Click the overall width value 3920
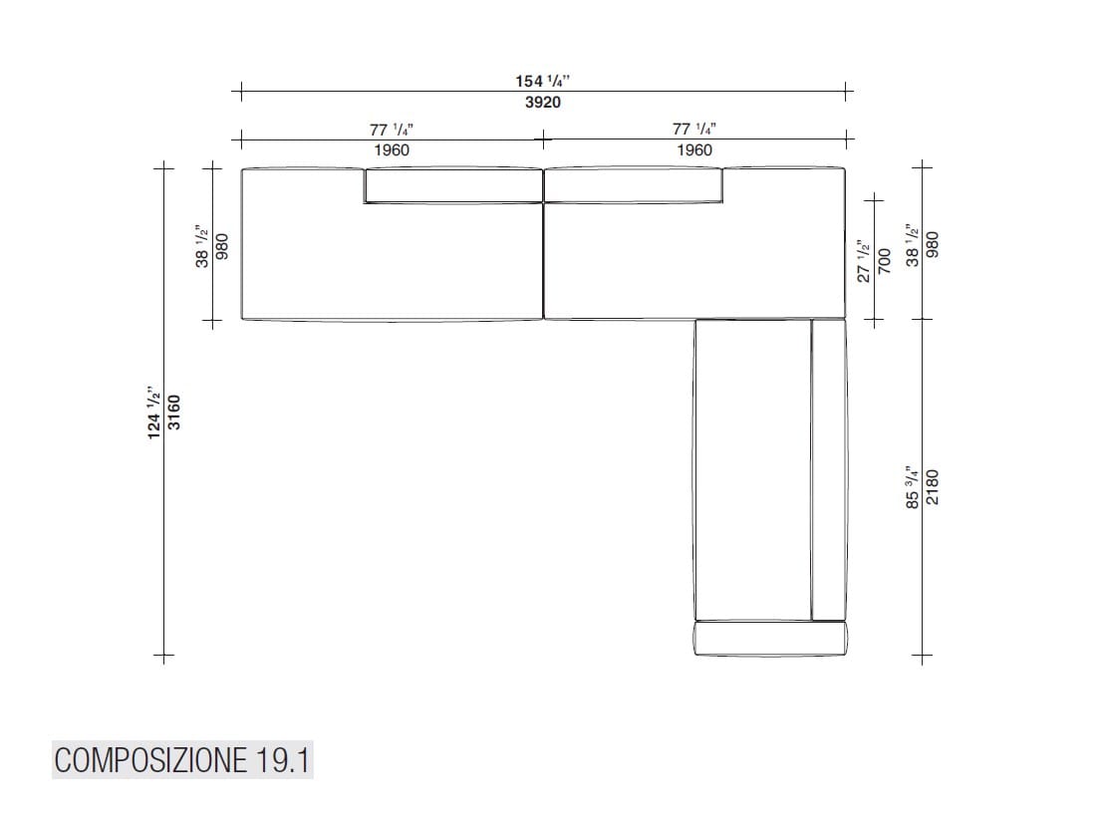click(542, 102)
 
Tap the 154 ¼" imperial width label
click(542, 82)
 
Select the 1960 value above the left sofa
click(392, 149)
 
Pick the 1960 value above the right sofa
click(693, 149)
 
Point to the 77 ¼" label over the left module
click(392, 130)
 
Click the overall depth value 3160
click(173, 410)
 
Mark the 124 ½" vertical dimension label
click(154, 410)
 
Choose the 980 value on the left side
click(223, 245)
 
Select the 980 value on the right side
click(932, 245)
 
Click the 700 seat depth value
click(884, 260)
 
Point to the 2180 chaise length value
click(932, 487)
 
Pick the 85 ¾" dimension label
click(912, 487)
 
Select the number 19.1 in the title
click(281, 761)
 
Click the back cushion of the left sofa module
click(452, 186)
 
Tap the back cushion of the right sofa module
click(633, 186)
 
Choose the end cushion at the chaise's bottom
click(770, 639)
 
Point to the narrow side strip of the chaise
click(828, 469)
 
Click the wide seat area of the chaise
click(752, 469)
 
